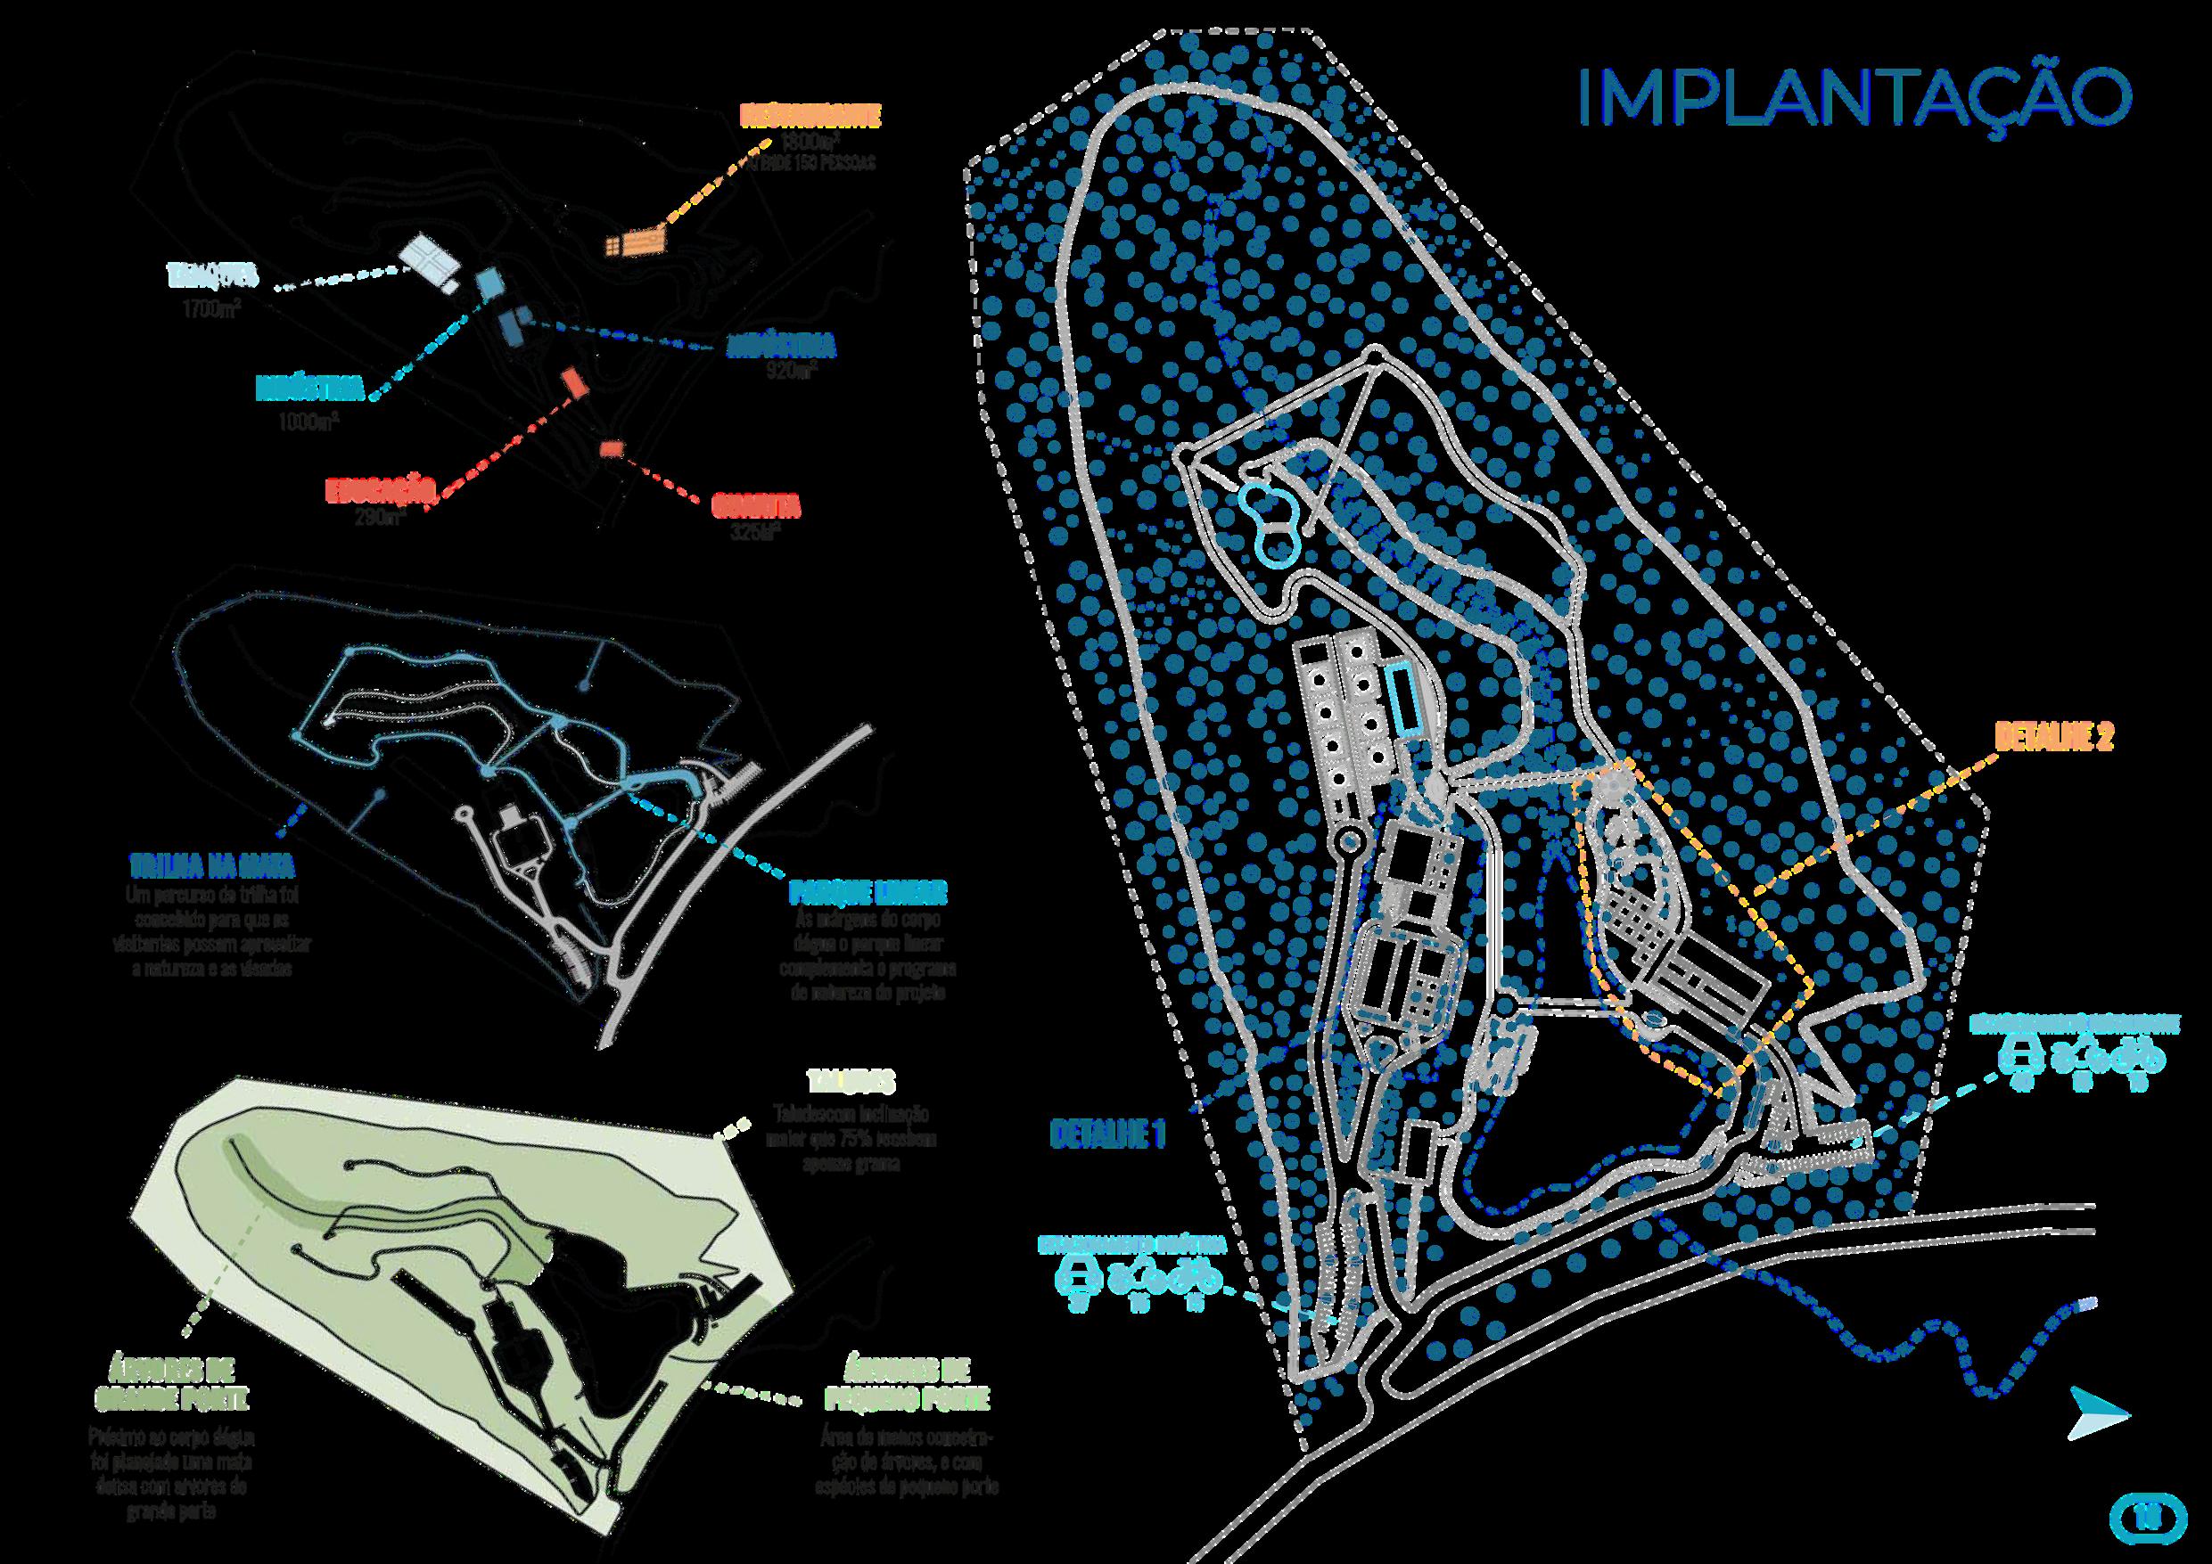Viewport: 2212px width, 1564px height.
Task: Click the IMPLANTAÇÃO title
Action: [1854, 98]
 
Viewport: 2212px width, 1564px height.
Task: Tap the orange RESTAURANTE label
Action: [810, 117]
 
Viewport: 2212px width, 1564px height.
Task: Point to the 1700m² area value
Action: [212, 309]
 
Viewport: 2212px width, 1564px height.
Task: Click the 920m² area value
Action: [790, 371]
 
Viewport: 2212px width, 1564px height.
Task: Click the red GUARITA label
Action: [756, 504]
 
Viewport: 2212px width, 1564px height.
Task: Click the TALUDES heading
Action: [850, 1082]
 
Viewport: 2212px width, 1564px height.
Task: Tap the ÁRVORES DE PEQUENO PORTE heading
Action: [907, 1384]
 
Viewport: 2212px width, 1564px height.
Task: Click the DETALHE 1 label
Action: [1107, 1134]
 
